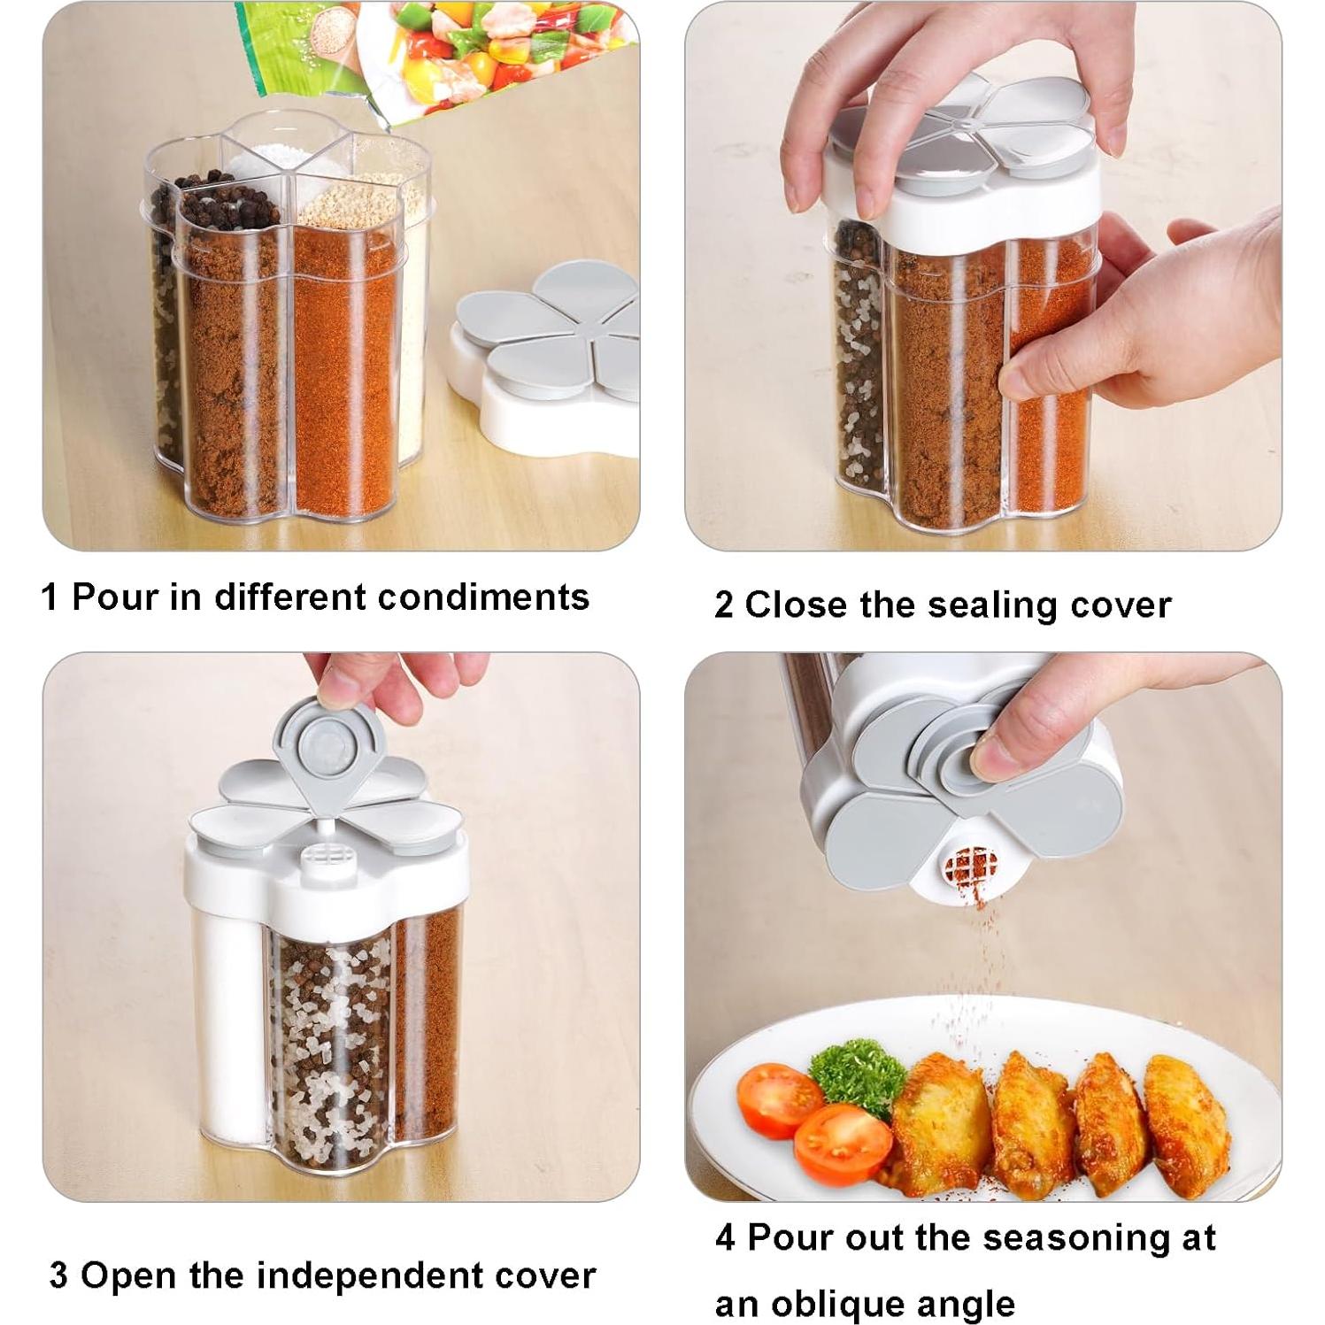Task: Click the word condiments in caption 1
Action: coord(483,597)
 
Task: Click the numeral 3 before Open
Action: coord(58,1276)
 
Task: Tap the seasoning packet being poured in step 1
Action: coord(443,53)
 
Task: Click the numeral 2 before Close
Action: coord(724,606)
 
